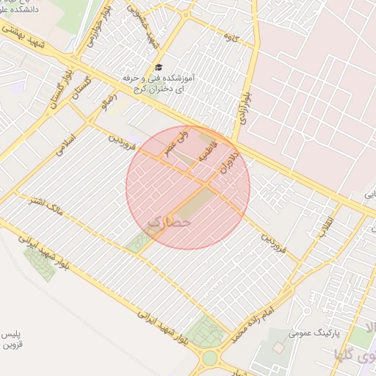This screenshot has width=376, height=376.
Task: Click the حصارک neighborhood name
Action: coord(169,221)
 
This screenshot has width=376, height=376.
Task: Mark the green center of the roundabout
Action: coord(210,358)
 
